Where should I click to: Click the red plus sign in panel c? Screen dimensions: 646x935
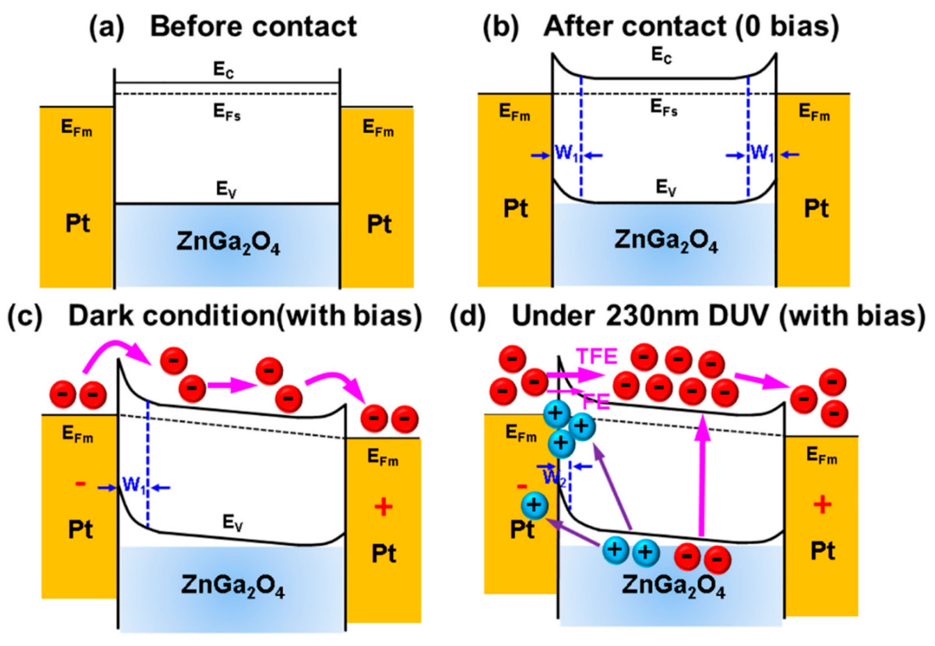(383, 507)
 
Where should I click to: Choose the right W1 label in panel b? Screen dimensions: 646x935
(762, 154)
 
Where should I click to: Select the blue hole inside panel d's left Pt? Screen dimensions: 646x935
(534, 505)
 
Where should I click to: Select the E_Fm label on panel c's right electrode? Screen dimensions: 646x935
(382, 458)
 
